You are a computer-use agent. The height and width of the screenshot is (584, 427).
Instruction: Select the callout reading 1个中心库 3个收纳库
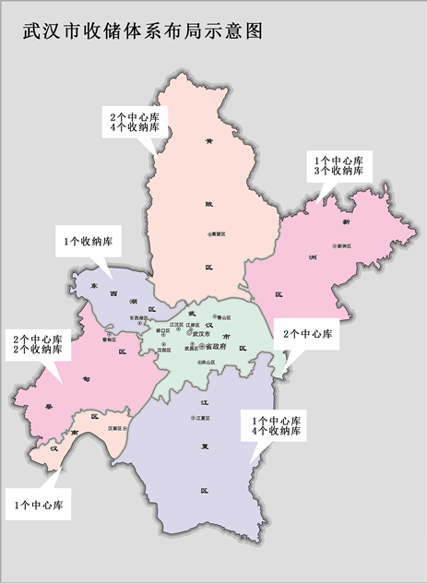[338, 166]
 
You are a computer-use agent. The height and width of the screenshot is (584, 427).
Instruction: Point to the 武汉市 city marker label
[199, 334]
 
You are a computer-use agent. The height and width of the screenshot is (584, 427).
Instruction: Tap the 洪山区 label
[206, 363]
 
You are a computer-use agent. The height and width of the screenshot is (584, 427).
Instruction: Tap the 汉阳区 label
[166, 351]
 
